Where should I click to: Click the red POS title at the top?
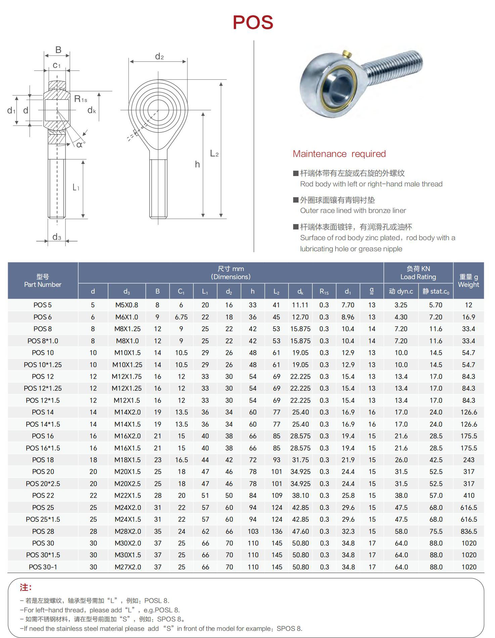(253, 23)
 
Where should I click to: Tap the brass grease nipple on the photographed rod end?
(347, 54)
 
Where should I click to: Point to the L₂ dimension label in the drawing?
(214, 154)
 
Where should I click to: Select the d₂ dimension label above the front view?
(160, 56)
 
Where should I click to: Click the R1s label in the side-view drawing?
(81, 99)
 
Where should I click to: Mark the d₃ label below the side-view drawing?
(57, 237)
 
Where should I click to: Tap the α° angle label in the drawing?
(81, 145)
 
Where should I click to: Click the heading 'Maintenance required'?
(339, 154)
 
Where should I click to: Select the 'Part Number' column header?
(43, 285)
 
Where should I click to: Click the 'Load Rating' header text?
(418, 277)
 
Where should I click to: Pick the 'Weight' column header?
(468, 285)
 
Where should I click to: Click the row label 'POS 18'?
(43, 460)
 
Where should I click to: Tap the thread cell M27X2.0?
(128, 567)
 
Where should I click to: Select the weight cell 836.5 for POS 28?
(469, 531)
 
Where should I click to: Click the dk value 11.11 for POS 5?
(300, 305)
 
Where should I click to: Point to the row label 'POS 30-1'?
(43, 567)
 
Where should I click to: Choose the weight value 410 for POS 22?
(469, 496)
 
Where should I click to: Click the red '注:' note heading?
(26, 588)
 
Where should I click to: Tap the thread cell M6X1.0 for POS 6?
(127, 317)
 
